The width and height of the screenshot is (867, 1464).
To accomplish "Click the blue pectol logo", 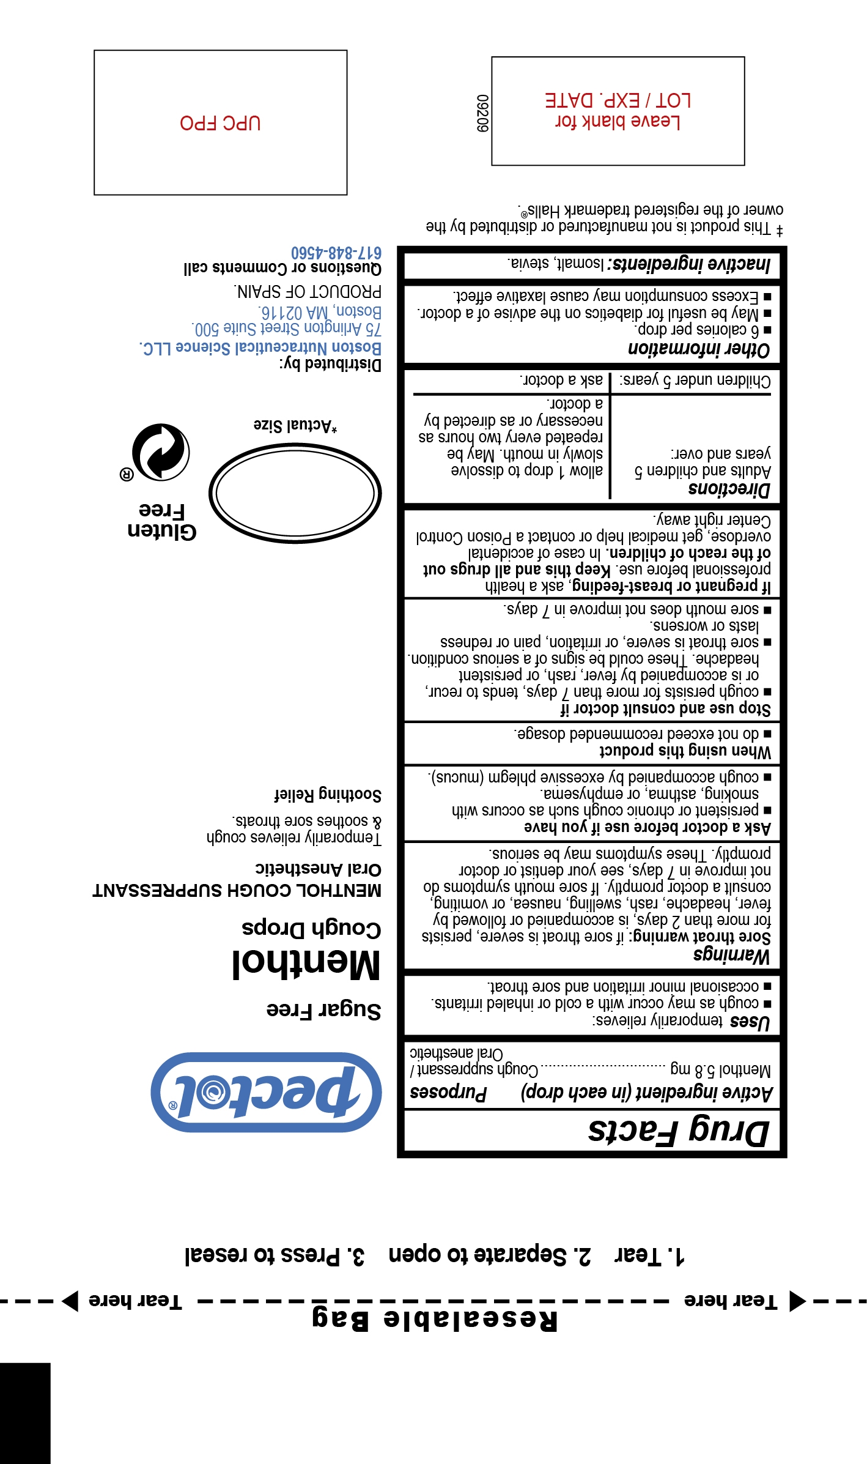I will tap(267, 1092).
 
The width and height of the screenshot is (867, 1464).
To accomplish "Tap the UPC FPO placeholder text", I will tap(220, 123).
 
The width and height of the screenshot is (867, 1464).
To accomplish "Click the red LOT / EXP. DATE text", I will tap(618, 100).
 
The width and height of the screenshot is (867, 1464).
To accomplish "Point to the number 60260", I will tap(483, 113).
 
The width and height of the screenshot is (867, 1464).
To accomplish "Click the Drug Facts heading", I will tap(678, 1131).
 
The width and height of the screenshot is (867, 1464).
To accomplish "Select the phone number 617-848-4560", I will tap(336, 253).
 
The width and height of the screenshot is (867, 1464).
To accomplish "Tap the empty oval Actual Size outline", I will tap(295, 493).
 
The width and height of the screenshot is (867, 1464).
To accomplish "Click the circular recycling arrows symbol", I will tap(161, 451).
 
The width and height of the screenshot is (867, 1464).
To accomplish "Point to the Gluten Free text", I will tap(162, 521).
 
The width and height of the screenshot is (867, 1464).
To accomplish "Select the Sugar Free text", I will tap(323, 1009).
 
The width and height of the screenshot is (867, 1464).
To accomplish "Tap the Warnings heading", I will tap(731, 955).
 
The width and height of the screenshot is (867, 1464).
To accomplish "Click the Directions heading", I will tap(729, 489).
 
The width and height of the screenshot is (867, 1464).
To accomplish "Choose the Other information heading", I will tap(699, 349).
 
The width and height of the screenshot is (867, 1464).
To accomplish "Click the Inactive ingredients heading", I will tap(692, 264).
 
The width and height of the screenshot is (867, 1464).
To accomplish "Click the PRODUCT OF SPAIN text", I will tap(308, 291).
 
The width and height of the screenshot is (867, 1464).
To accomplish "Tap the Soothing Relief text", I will tap(328, 795).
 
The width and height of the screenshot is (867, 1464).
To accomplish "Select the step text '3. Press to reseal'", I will tap(275, 1256).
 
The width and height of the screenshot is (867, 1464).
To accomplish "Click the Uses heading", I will tap(750, 1021).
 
